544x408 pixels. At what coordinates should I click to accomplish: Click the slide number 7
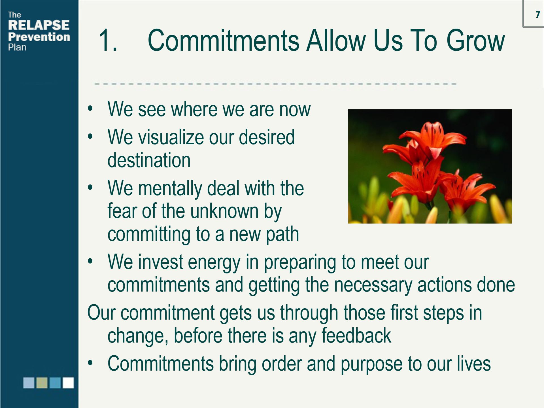tap(537, 14)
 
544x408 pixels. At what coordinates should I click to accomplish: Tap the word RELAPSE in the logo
tap(39, 25)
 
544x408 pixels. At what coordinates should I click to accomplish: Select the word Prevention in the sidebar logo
tap(39, 37)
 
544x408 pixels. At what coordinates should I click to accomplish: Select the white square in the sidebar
tap(68, 382)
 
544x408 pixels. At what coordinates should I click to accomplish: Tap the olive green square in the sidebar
tap(42, 382)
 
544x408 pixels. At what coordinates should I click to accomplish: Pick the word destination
tap(149, 160)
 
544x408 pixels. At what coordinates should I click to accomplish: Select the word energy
tap(214, 263)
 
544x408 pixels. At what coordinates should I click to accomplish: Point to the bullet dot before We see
tap(90, 108)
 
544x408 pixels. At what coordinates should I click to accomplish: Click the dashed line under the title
tap(275, 84)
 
